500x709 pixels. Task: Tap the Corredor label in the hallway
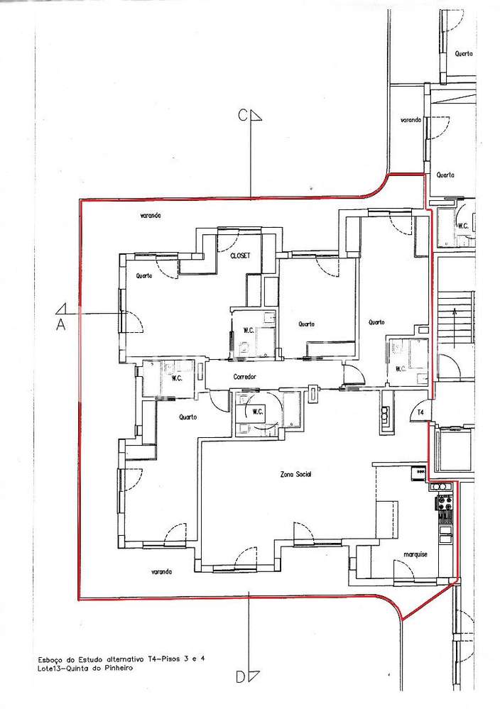[244, 377]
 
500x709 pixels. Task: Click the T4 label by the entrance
[420, 412]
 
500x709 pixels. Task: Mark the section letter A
[61, 324]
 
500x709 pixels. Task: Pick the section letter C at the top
[243, 116]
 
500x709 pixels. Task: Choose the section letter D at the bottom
[241, 678]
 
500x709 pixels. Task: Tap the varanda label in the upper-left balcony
[151, 215]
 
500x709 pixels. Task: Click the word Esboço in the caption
[51, 659]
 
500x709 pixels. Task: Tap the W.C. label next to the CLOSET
[249, 330]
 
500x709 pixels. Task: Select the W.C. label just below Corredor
[258, 411]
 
